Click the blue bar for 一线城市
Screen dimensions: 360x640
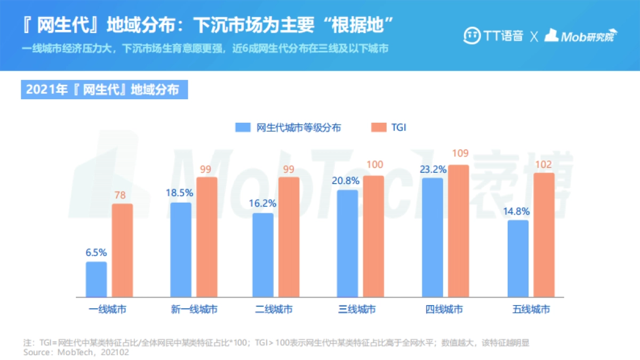point(97,279)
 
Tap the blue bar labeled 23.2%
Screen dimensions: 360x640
point(433,237)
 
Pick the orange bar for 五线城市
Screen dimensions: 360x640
point(543,235)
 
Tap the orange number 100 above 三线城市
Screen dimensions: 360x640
point(374,165)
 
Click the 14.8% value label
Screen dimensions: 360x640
point(518,211)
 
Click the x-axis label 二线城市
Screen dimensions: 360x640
point(274,309)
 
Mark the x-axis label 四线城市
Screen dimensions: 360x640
point(444,309)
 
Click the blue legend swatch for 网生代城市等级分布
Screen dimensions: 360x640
point(243,127)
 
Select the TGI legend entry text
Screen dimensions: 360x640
point(399,127)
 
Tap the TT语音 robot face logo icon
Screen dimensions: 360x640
point(471,36)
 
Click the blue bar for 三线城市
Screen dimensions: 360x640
point(348,243)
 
